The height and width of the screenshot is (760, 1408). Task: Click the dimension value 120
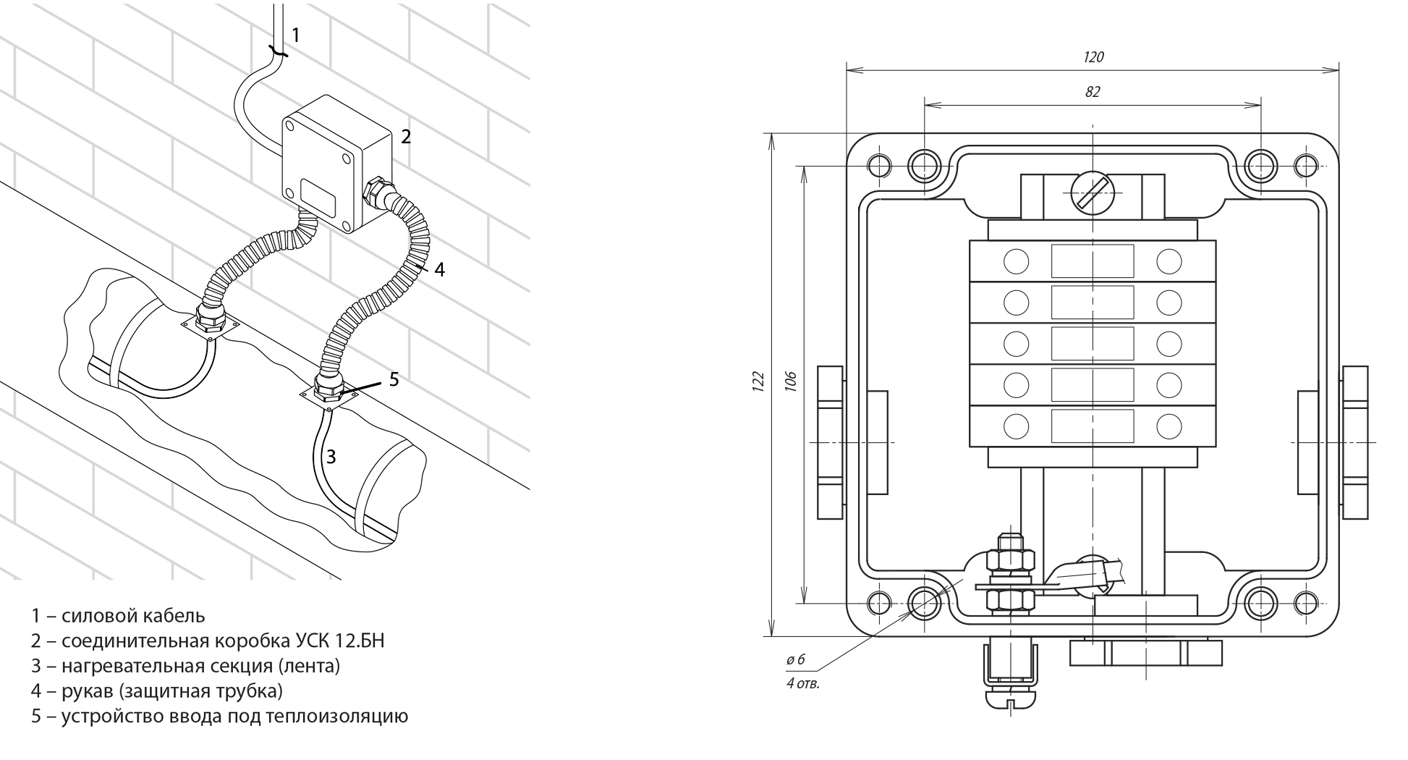tap(1093, 57)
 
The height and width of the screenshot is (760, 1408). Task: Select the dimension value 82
tap(1093, 92)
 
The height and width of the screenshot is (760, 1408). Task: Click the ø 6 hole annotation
tap(795, 659)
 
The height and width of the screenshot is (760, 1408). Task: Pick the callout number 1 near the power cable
tap(295, 34)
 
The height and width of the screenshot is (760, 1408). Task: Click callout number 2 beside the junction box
tap(406, 136)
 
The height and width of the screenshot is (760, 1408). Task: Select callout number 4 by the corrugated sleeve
tap(439, 270)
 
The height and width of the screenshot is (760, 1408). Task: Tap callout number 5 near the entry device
tap(394, 379)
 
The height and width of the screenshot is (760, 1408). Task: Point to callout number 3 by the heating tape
tap(331, 457)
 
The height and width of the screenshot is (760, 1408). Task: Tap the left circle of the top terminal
tap(1017, 261)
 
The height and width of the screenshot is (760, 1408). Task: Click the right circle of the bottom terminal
tap(1169, 426)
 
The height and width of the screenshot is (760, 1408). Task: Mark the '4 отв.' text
tap(803, 683)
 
